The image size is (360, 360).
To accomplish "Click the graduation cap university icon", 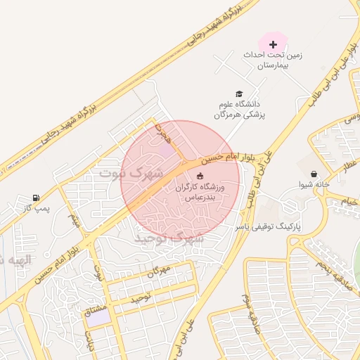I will [239, 94].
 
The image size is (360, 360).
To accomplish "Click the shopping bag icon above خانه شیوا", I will [313, 174].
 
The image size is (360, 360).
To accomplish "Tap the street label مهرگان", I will [160, 271].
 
